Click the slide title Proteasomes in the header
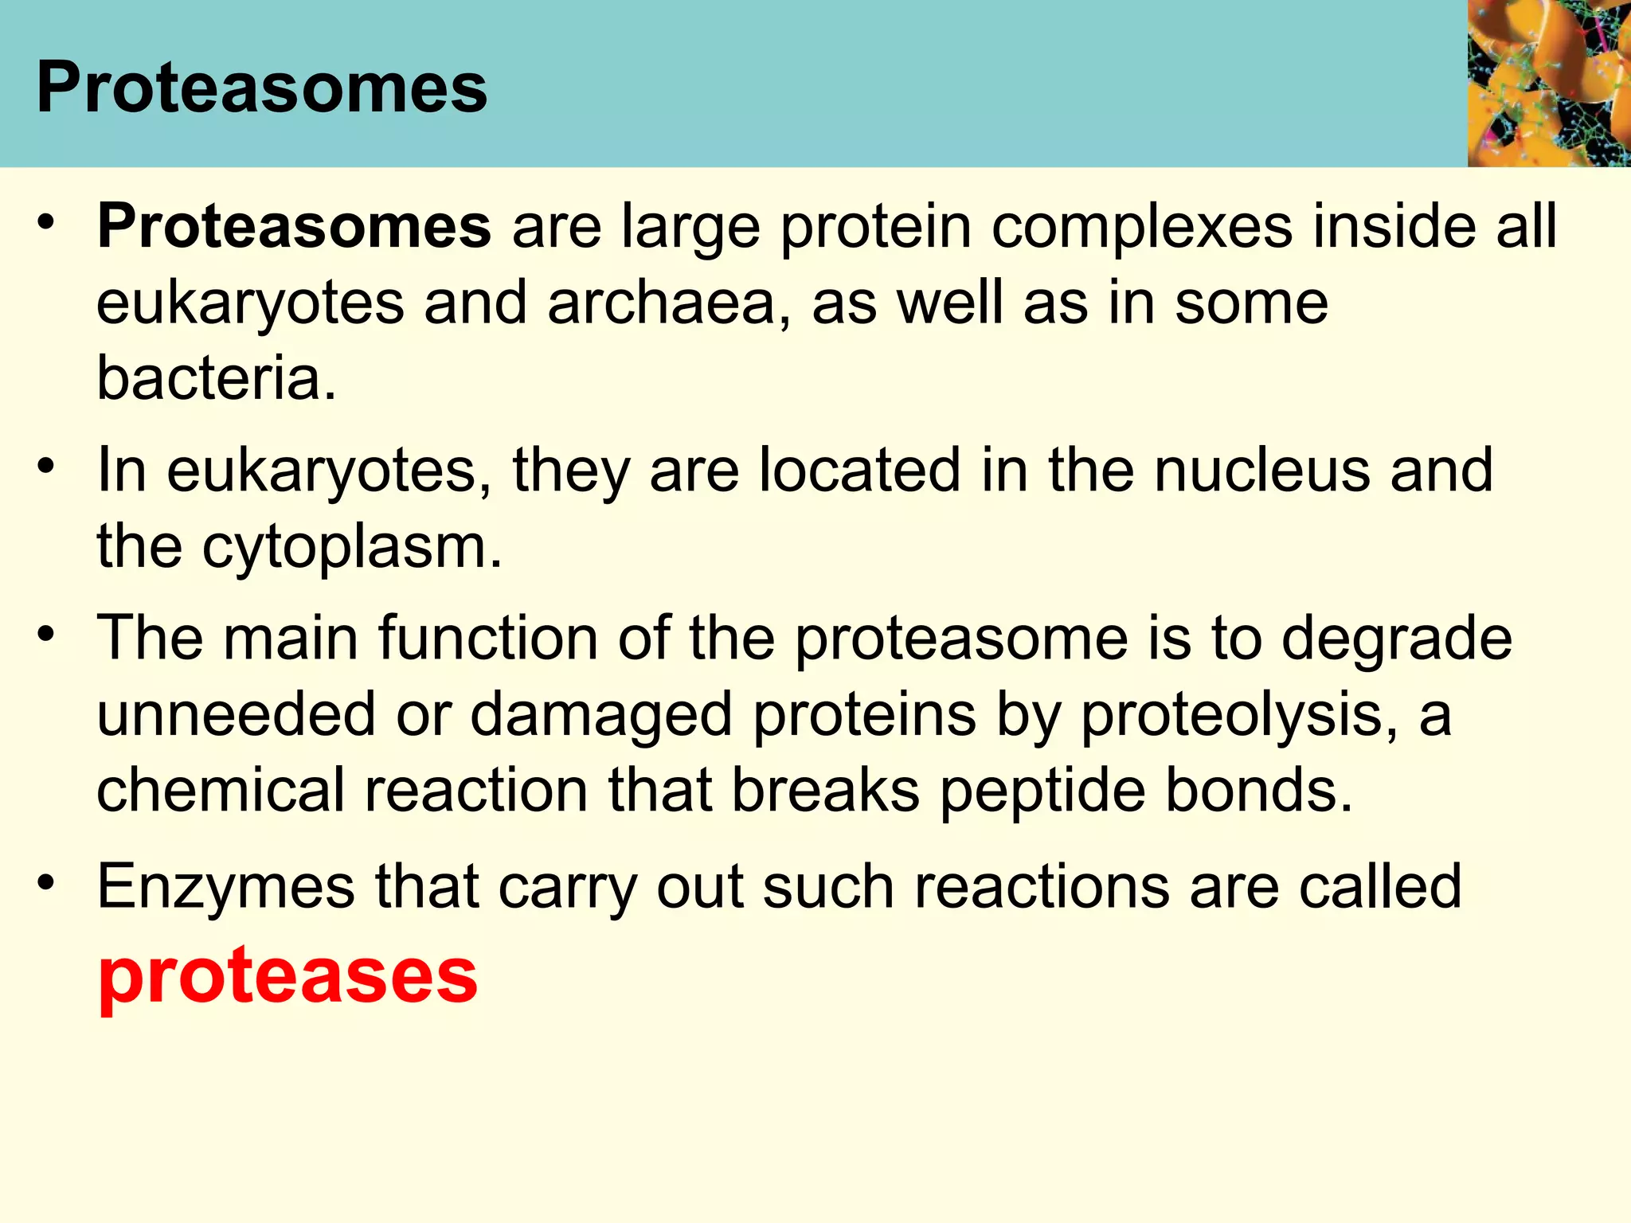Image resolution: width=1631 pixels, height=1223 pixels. (261, 88)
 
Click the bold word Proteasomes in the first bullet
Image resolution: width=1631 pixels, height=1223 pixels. (294, 227)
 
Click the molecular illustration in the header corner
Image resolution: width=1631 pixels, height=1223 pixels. (1548, 83)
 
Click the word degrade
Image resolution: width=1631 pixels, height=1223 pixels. (1396, 639)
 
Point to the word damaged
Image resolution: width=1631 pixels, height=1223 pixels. (601, 715)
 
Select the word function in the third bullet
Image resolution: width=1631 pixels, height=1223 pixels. (487, 639)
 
